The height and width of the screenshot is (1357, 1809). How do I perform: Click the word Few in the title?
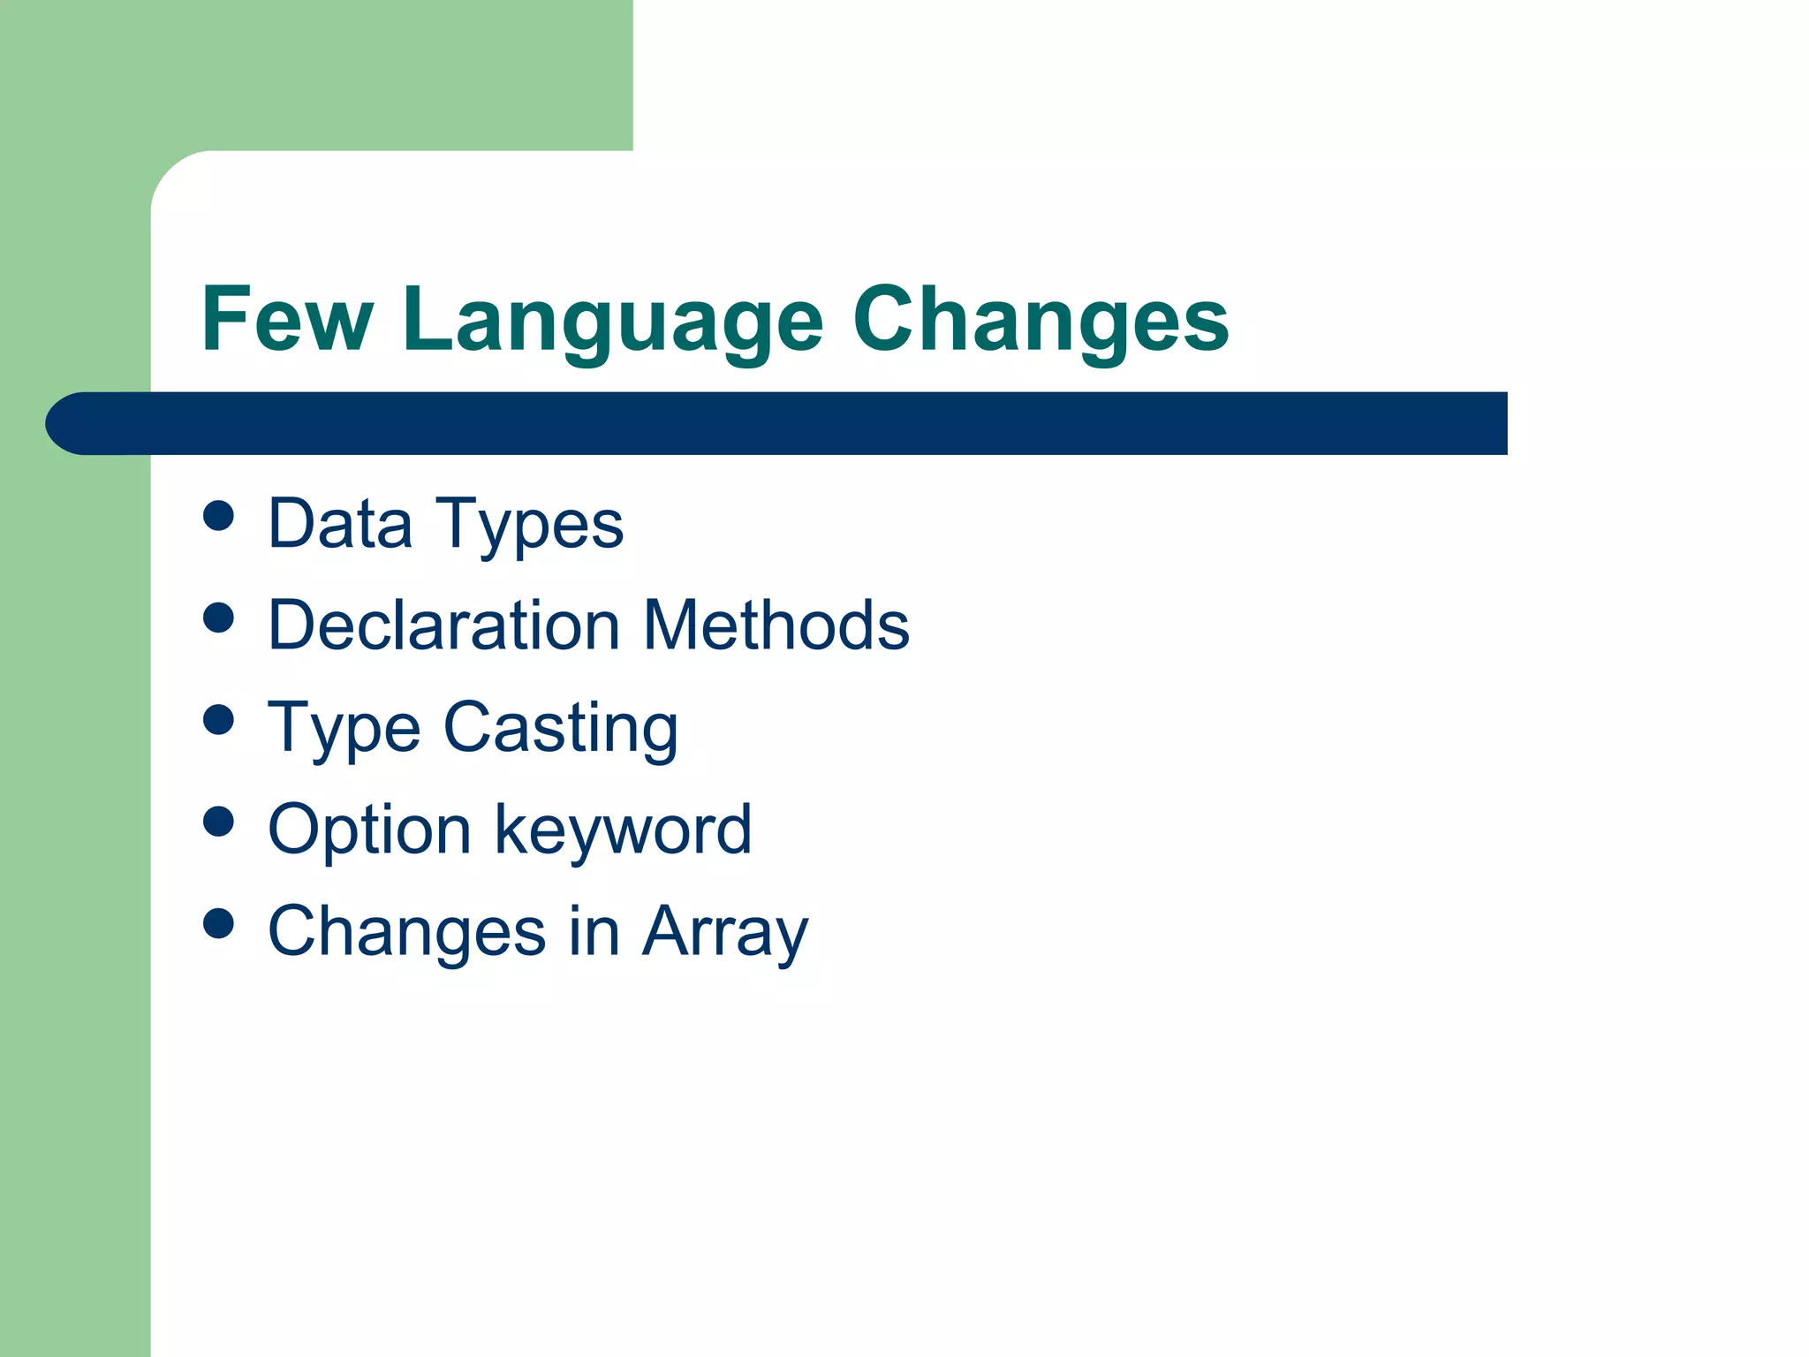[288, 320]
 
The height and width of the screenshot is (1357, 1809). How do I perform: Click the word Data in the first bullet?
[340, 524]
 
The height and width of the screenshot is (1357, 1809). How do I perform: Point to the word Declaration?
[443, 625]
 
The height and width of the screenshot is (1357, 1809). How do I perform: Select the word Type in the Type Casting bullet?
[344, 729]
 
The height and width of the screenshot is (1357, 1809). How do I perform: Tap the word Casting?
[560, 729]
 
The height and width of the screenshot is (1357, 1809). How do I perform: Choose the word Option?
[369, 830]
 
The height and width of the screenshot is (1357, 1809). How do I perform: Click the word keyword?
[623, 830]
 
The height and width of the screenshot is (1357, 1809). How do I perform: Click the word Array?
[724, 933]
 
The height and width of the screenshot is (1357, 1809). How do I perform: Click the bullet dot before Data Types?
[218, 515]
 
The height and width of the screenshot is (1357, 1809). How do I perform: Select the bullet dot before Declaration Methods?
[218, 618]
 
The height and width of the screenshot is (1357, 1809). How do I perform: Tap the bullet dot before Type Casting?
[218, 719]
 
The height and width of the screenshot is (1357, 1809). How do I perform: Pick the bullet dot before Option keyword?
[218, 821]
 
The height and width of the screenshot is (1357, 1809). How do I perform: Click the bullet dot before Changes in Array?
[218, 923]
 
